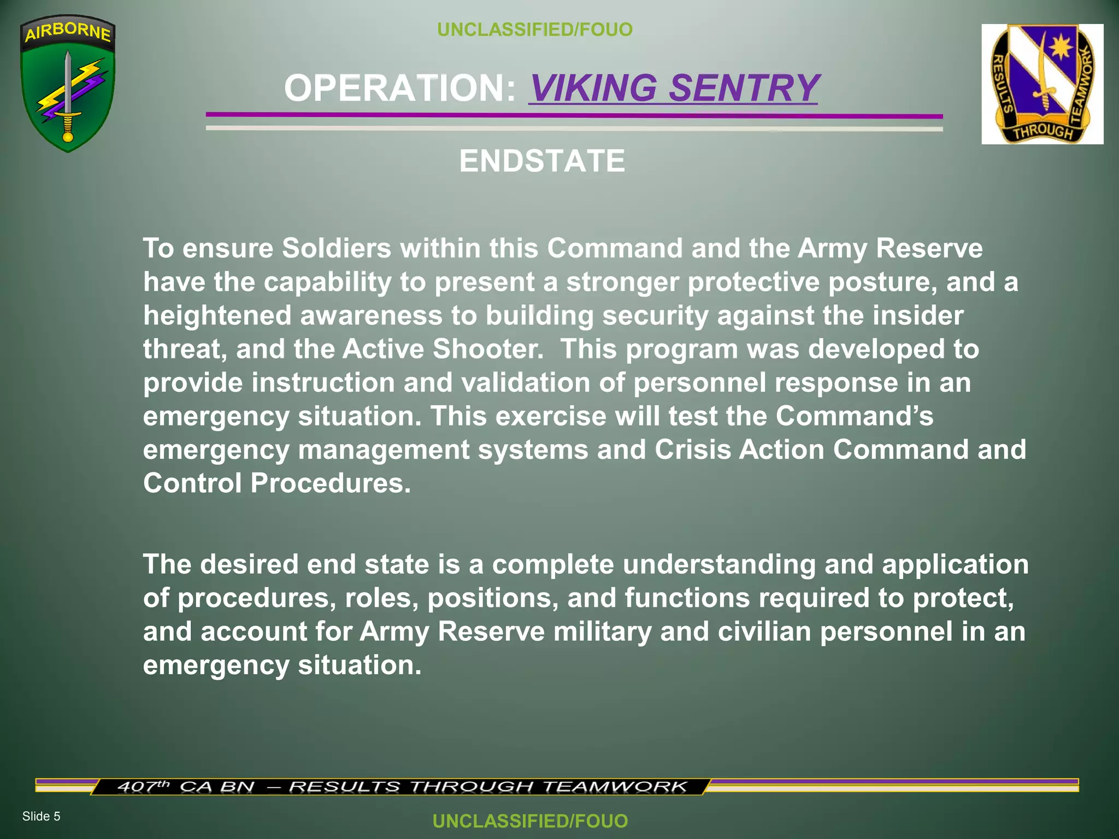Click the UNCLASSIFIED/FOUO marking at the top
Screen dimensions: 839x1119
click(534, 29)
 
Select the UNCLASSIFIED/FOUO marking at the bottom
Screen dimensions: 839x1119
click(530, 821)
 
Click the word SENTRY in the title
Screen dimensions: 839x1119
click(744, 88)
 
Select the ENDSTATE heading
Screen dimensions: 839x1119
click(542, 161)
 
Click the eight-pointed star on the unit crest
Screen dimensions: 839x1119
click(1059, 48)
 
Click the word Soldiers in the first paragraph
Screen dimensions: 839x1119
click(337, 248)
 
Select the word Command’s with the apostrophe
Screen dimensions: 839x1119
click(855, 416)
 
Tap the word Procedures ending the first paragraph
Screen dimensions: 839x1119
click(329, 483)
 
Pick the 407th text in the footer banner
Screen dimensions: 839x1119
click(144, 787)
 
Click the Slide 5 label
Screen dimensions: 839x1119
click(41, 816)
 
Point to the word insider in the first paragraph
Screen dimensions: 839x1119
click(917, 315)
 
